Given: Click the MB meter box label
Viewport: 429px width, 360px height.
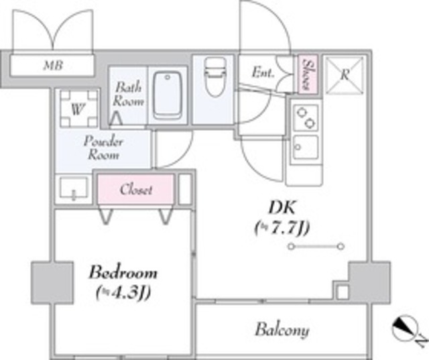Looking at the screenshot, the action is point(54,66).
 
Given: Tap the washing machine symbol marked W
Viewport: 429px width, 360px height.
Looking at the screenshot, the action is point(79,109).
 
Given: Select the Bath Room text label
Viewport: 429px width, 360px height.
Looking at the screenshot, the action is point(128,94).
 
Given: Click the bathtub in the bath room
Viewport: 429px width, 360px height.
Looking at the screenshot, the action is point(168,95).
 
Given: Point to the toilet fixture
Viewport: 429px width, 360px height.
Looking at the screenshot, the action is point(214,76).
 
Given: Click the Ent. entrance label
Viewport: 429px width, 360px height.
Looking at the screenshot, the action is point(263,73).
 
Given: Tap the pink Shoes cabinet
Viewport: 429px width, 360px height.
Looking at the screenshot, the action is point(308,74).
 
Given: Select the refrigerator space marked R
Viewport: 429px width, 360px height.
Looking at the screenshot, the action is point(345,74).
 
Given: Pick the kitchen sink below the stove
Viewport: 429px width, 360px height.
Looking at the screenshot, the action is point(306,147).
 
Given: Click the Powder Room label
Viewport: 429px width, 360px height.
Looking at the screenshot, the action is point(103,148).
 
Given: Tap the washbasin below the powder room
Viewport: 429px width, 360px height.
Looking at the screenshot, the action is point(73,189).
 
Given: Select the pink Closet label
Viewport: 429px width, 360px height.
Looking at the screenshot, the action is point(136,190).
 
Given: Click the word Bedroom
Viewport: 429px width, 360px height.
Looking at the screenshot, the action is point(123,273).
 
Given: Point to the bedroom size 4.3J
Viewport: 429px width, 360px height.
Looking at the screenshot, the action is point(123,293).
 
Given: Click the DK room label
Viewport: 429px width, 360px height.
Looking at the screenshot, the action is point(282,207).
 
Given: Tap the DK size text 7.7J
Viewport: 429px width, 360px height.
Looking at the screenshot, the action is point(282,228).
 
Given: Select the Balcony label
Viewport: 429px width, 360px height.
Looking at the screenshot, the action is point(282,330).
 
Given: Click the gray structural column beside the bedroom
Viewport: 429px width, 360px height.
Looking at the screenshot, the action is point(52,283).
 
